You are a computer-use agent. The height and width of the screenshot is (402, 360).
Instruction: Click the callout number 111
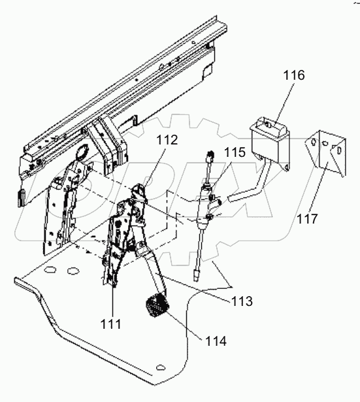[110, 324]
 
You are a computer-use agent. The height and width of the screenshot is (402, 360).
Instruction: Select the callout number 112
[167, 140]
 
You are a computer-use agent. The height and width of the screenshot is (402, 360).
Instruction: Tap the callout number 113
[242, 301]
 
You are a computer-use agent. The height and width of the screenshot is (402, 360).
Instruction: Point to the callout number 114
[216, 341]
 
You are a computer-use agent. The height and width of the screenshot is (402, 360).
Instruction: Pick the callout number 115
[235, 152]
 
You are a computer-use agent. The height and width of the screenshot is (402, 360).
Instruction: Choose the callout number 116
[294, 75]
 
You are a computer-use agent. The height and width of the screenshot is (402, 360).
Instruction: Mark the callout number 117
[307, 219]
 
